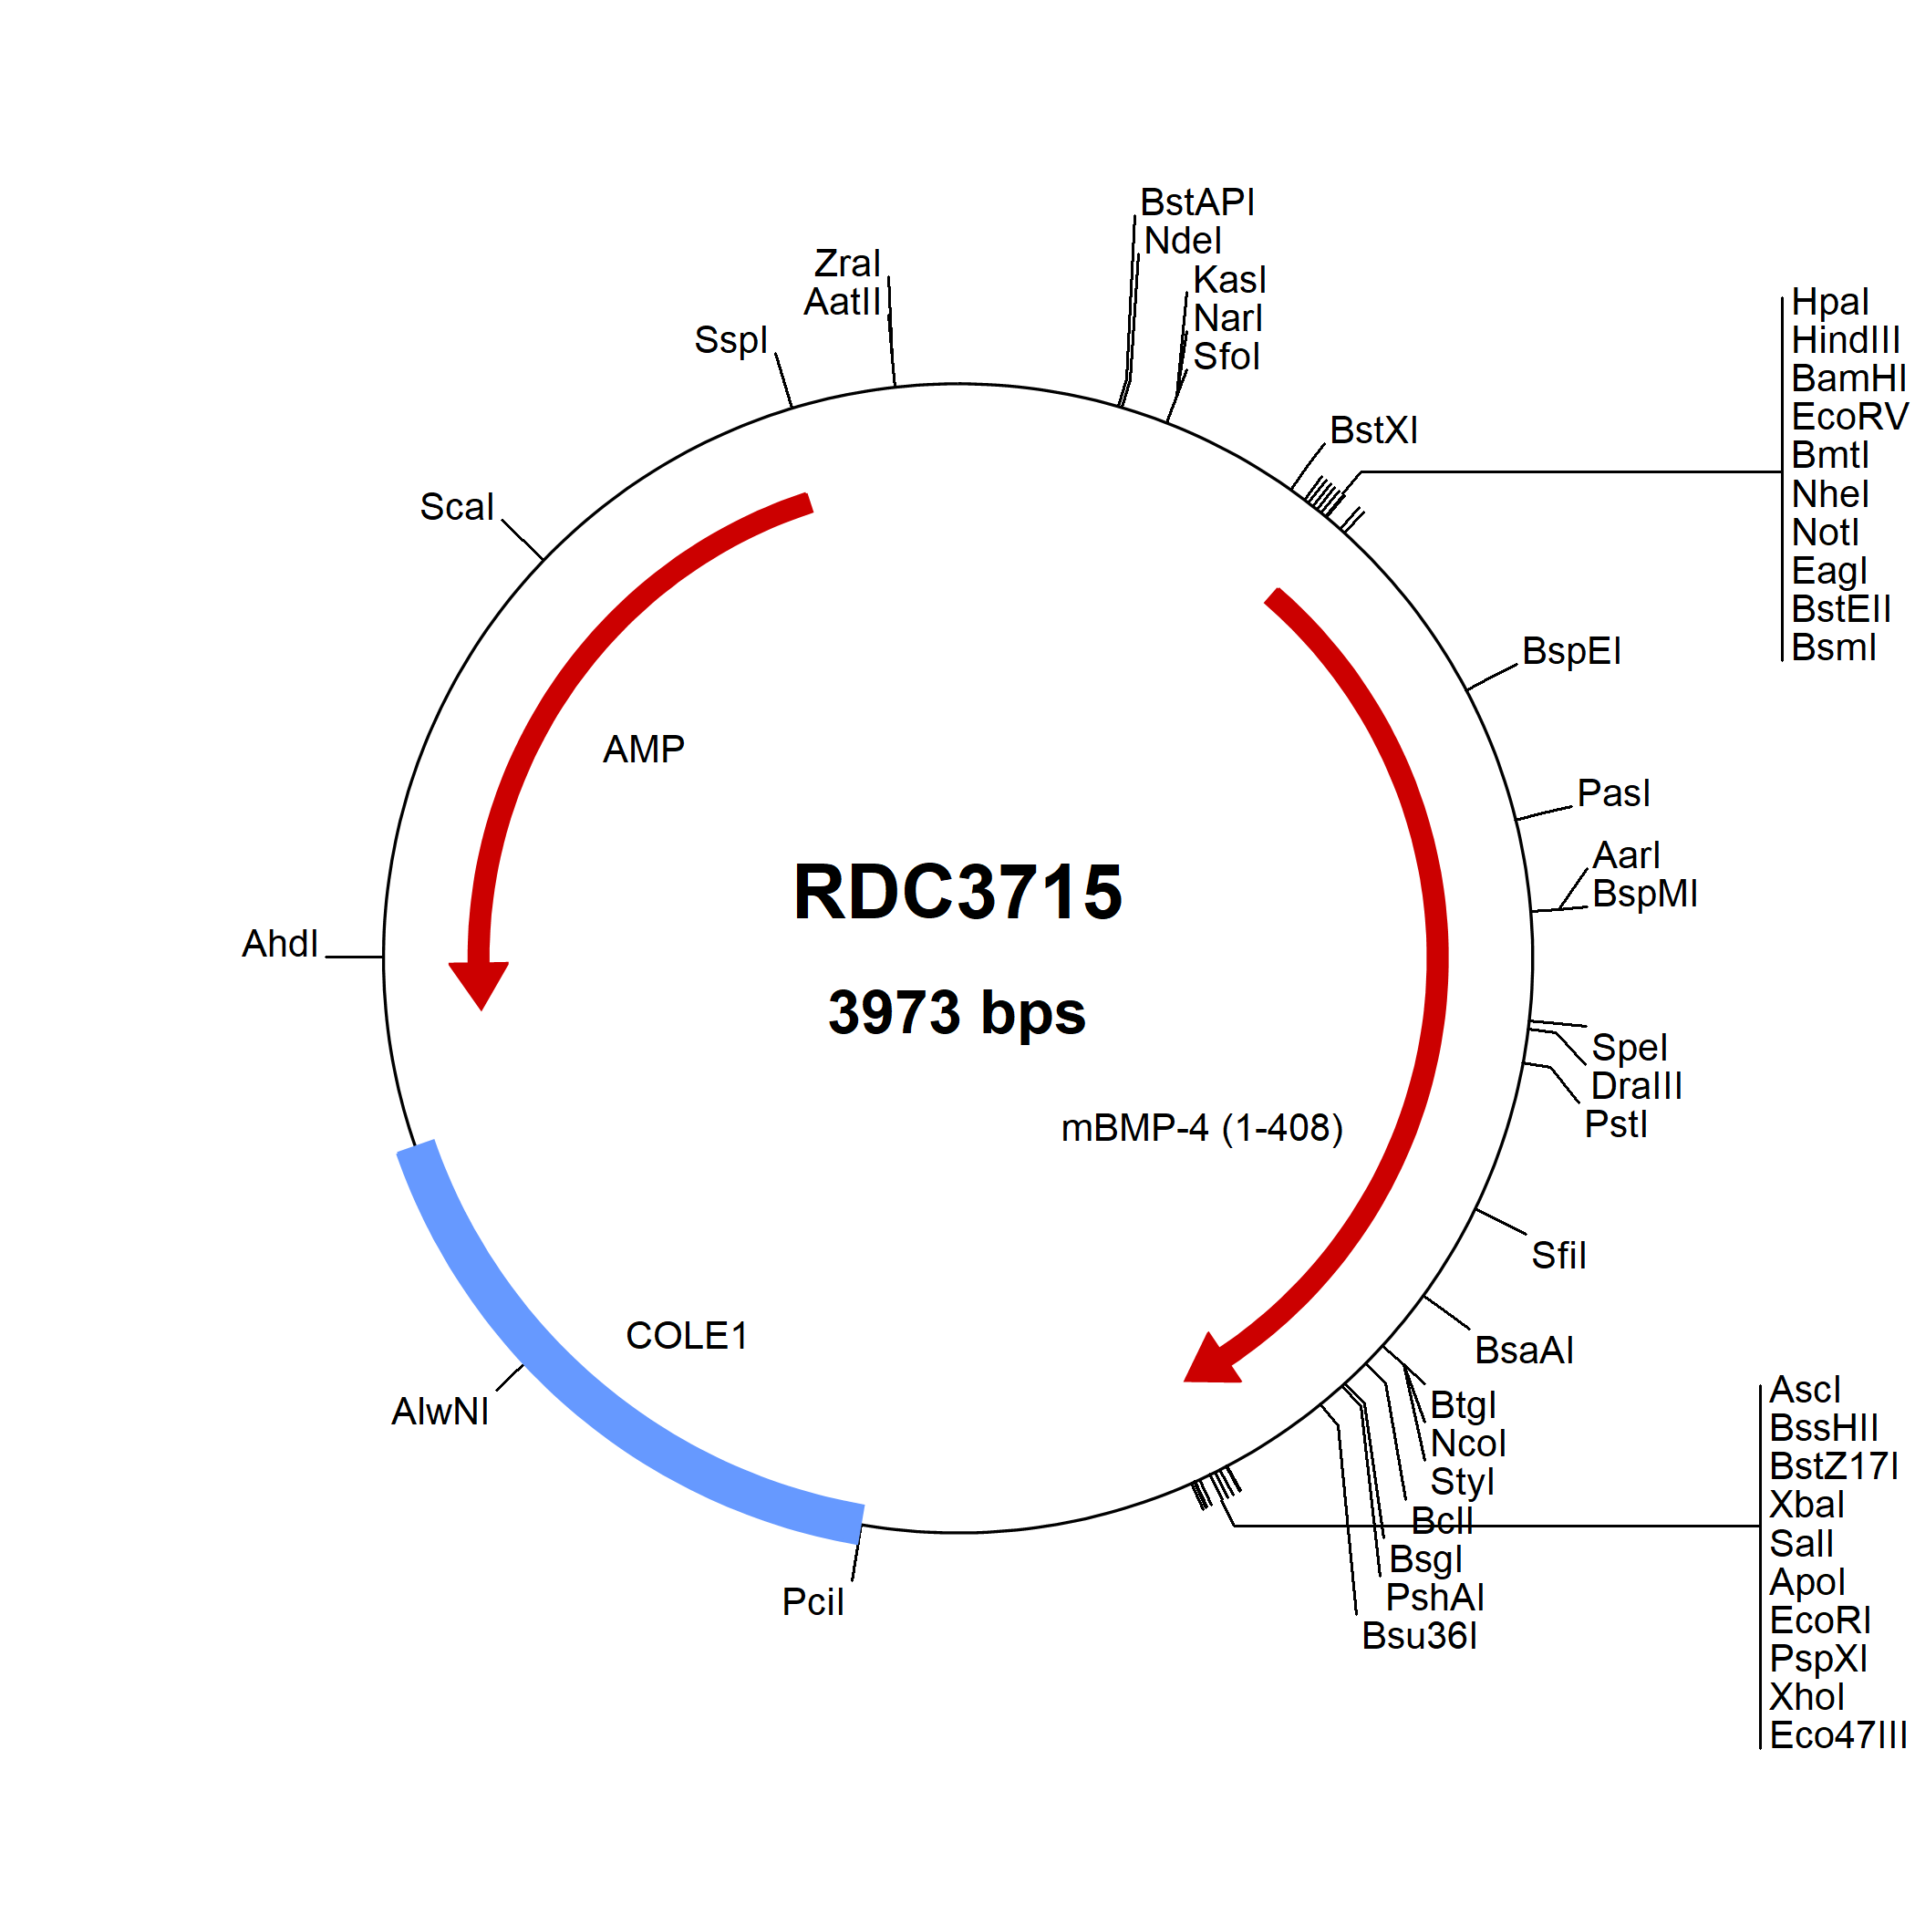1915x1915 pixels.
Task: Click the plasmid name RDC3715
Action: pos(957,892)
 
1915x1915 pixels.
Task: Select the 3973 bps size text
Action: pos(957,1013)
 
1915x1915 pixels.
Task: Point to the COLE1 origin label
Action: pos(686,1335)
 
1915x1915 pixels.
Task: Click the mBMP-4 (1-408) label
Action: pos(1202,1128)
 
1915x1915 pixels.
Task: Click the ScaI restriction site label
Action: pos(456,508)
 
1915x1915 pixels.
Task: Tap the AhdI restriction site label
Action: pos(281,944)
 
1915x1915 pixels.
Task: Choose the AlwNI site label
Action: pos(440,1412)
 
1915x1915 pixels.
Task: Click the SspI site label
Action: pos(730,340)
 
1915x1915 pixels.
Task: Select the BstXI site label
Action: pos(1374,430)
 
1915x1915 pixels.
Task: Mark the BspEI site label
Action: pos(1571,651)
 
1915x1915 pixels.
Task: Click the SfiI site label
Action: pos(1558,1256)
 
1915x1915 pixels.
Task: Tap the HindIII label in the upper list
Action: pos(1845,340)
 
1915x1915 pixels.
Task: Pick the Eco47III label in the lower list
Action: pos(1837,1735)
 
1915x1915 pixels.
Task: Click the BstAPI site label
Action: pos(1196,202)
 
